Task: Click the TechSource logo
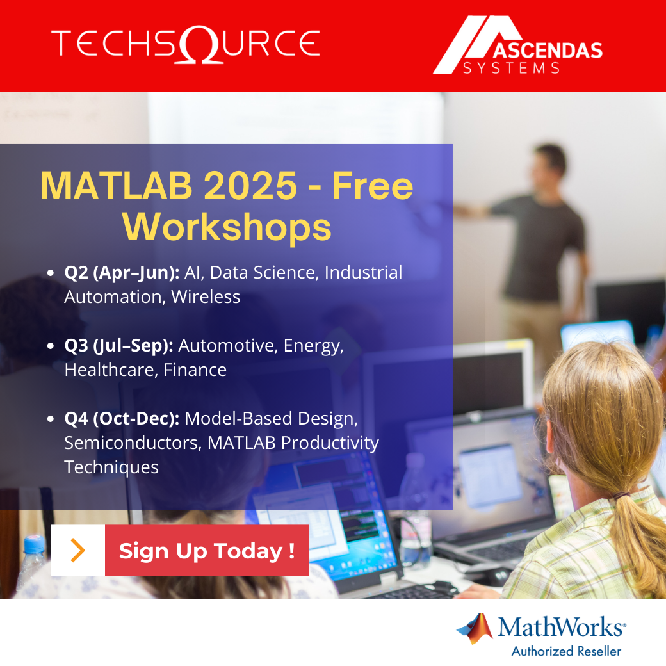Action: pos(186,44)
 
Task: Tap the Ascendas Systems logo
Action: pos(518,45)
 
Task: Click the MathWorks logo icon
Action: pos(475,628)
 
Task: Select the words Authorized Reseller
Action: pos(566,651)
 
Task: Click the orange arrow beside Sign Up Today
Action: pos(77,551)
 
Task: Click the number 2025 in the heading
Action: pos(250,186)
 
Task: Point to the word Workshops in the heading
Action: pos(227,227)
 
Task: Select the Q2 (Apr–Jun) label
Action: pos(122,273)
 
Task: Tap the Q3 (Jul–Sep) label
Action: pos(119,346)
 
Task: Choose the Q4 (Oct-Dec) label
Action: pos(122,419)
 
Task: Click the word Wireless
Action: pos(206,297)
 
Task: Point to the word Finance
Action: pos(195,370)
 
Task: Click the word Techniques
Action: pos(111,467)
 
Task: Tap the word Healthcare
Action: pos(111,370)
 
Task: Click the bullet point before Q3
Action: pos(50,346)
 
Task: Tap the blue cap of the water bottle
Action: pos(34,544)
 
